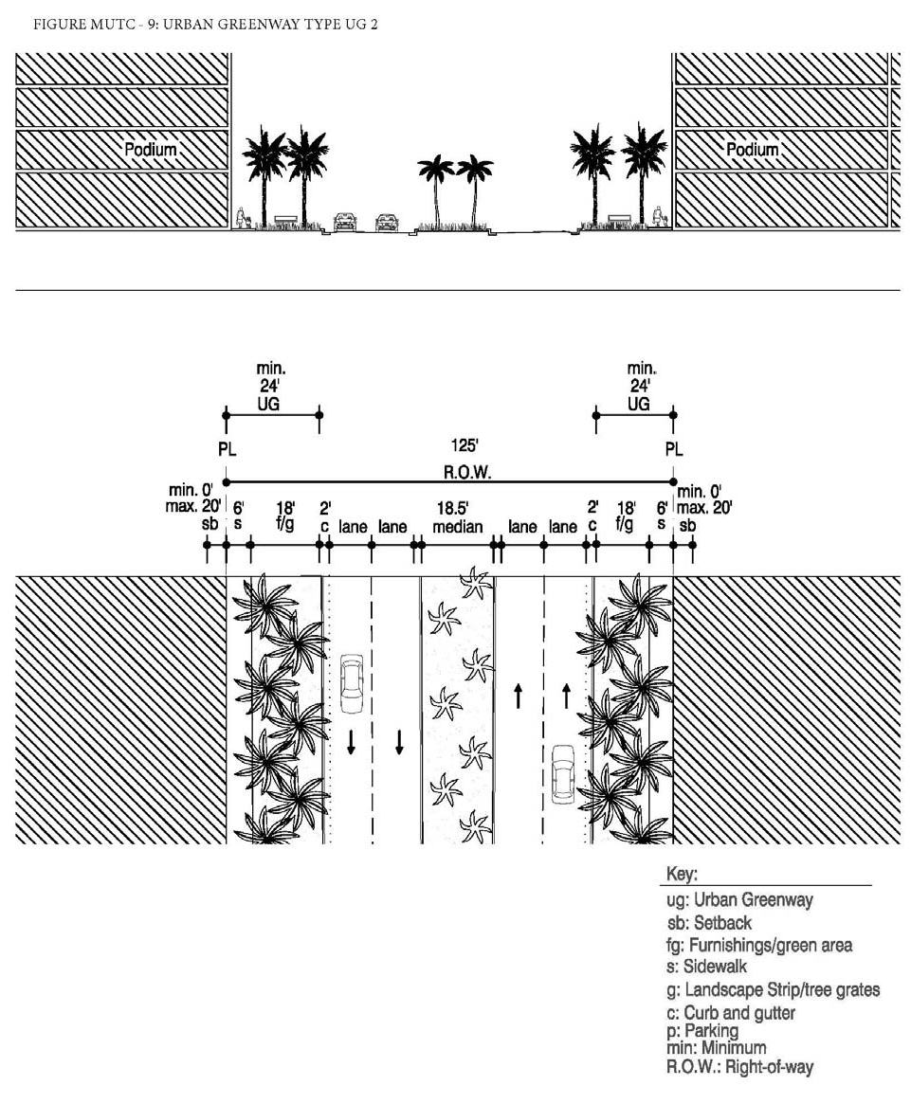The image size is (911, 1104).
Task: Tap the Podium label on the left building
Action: (x=150, y=150)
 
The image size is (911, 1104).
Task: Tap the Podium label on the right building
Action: (x=753, y=150)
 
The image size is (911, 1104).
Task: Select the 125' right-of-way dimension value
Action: (x=465, y=445)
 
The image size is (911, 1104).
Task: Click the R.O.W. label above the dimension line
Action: (x=467, y=472)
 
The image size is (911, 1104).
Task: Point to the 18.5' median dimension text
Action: (x=457, y=517)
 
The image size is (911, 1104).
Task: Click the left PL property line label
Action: (x=227, y=449)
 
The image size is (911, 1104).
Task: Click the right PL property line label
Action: (x=674, y=449)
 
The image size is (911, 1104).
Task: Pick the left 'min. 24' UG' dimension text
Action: (x=270, y=386)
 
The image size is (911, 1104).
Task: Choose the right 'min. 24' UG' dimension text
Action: (x=640, y=386)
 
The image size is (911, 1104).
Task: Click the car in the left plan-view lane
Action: (x=351, y=683)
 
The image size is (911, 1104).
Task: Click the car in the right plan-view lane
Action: (x=563, y=774)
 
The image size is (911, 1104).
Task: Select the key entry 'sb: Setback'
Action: (x=709, y=922)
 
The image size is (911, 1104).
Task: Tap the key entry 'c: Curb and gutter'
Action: (x=731, y=1013)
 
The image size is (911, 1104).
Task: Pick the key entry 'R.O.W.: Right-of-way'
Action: (x=739, y=1067)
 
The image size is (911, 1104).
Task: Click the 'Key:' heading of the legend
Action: (x=682, y=875)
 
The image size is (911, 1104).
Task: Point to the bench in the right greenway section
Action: (x=618, y=220)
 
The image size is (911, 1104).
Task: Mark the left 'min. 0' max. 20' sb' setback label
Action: (x=194, y=507)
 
